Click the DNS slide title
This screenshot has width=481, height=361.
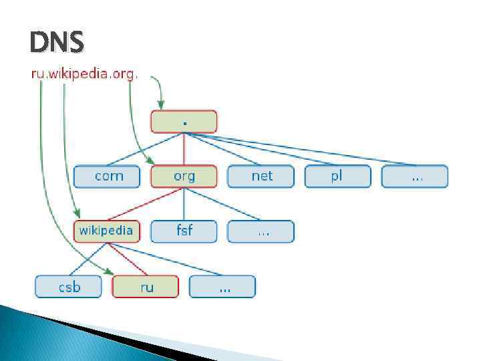click(x=57, y=43)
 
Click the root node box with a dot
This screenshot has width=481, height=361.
click(x=184, y=122)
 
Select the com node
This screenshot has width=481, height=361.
click(x=108, y=176)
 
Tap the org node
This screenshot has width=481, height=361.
click(x=184, y=176)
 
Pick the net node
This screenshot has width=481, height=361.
click(x=261, y=176)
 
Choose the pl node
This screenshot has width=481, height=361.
click(x=337, y=176)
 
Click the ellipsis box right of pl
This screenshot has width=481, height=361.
click(x=414, y=176)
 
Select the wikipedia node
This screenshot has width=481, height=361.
click(x=107, y=231)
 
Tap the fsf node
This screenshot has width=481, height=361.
click(x=184, y=231)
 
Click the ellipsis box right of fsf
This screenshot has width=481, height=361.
click(x=261, y=231)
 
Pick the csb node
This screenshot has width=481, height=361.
click(x=69, y=287)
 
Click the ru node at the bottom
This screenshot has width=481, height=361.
click(x=146, y=287)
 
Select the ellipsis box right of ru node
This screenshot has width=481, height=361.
click(x=222, y=287)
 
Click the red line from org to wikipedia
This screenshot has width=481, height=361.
click(x=146, y=204)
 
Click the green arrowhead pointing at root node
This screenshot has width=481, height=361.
click(x=160, y=104)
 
